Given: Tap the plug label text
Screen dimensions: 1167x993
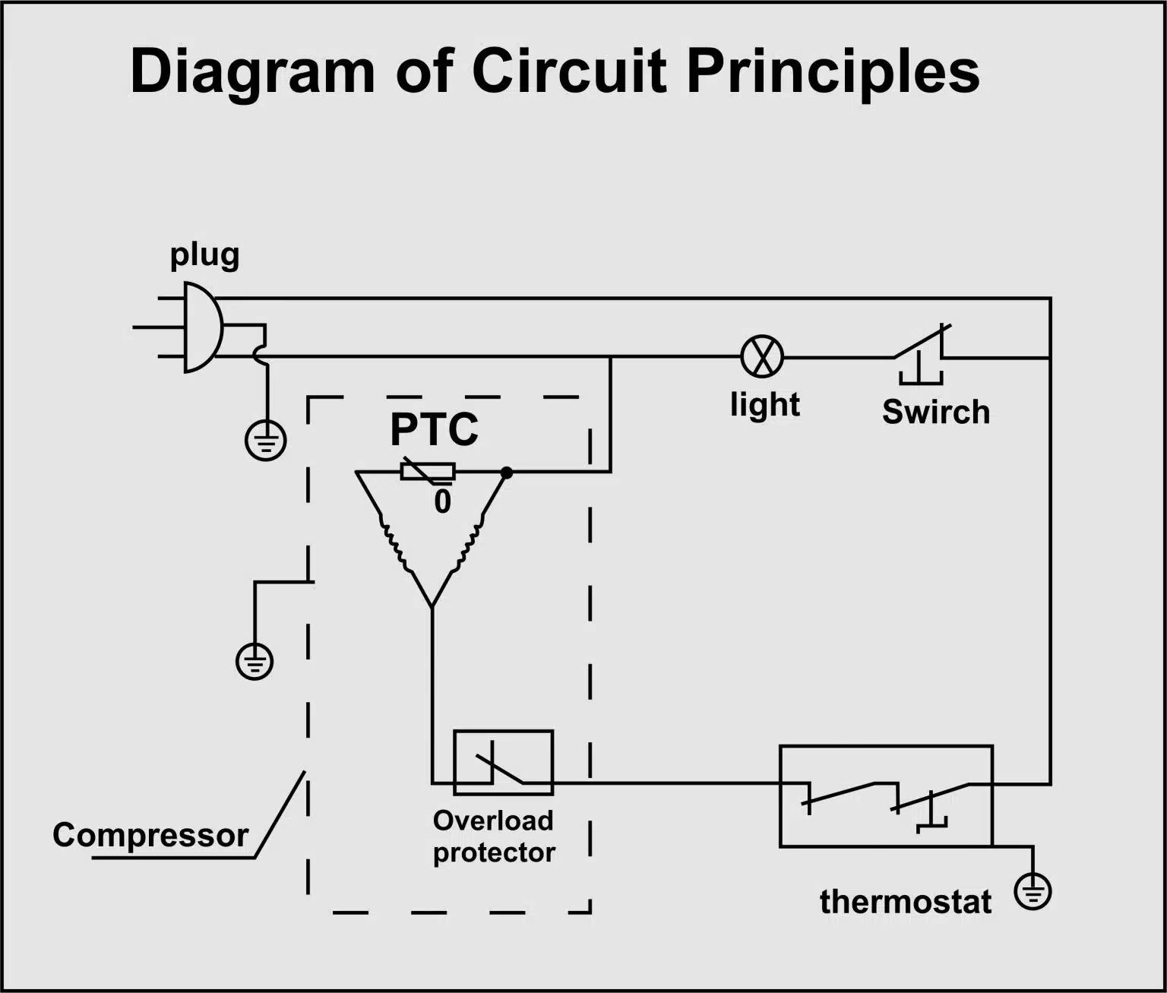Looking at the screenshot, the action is (205, 257).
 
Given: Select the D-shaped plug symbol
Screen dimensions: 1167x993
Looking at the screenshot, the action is (204, 327).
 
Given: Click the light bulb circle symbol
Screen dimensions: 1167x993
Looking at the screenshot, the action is (762, 357).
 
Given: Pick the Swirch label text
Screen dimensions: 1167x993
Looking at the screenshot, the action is (936, 412).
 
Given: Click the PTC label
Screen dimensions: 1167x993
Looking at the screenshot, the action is (434, 429).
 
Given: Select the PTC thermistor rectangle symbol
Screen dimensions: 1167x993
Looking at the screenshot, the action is (428, 471).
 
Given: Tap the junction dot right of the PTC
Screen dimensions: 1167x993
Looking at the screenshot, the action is (507, 473).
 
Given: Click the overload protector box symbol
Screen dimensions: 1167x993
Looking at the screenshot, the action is (503, 763).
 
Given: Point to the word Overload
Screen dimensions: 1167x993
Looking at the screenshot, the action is (493, 821).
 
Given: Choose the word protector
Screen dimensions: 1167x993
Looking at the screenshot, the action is (494, 853).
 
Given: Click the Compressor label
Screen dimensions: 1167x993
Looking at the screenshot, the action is (150, 836).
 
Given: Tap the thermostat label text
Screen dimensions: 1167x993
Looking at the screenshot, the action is (906, 902).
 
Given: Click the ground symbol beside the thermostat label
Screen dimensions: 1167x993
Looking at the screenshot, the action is (1033, 892).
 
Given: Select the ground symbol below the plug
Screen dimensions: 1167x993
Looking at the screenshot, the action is (266, 441).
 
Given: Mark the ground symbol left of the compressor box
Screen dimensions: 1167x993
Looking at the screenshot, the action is (255, 661).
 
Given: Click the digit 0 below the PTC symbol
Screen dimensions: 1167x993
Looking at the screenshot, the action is (443, 501).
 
